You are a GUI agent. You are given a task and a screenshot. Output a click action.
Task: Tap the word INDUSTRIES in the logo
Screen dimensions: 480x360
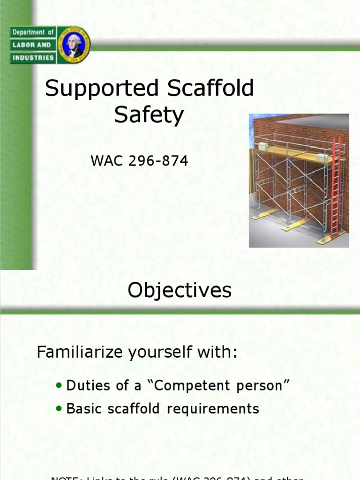pyautogui.click(x=33, y=58)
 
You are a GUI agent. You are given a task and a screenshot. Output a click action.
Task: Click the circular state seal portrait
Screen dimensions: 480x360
pyautogui.click(x=74, y=45)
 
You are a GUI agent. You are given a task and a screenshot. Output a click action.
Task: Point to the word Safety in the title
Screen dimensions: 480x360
pyautogui.click(x=149, y=115)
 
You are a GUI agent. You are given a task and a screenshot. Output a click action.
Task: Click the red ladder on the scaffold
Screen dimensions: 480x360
pyautogui.click(x=335, y=187)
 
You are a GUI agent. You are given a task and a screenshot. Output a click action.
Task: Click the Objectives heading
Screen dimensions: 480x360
pyautogui.click(x=180, y=291)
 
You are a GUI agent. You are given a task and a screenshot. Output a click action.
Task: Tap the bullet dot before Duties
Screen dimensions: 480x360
pyautogui.click(x=59, y=385)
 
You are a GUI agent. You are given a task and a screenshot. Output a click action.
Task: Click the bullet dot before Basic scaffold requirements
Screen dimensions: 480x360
pyautogui.click(x=59, y=408)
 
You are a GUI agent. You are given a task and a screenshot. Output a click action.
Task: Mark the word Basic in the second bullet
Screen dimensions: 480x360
pyautogui.click(x=82, y=408)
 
